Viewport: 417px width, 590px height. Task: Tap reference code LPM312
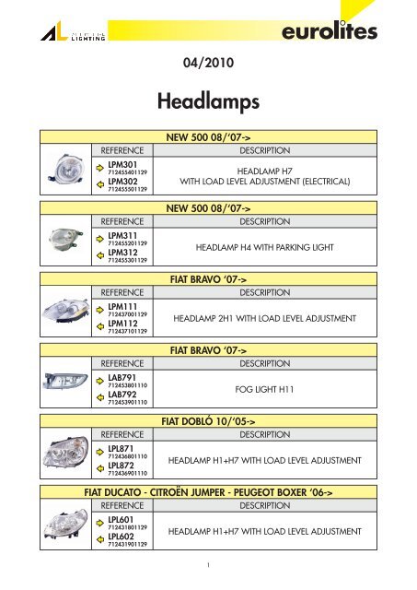123,251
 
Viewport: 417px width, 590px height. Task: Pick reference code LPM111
123,306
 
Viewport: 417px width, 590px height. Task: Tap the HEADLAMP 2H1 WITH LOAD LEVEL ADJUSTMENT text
264,318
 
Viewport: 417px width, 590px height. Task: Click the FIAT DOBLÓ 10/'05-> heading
208,419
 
